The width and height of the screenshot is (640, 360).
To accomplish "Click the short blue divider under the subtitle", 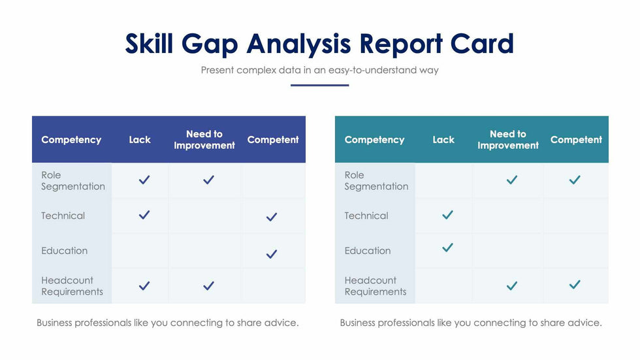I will click(319, 85).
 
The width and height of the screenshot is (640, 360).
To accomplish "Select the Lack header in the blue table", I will click(140, 140).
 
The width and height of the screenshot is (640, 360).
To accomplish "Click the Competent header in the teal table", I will click(576, 140).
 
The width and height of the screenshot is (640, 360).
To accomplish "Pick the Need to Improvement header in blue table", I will click(204, 140).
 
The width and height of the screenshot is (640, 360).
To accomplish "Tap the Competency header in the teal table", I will click(374, 140).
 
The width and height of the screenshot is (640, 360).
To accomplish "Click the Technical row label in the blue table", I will click(63, 216).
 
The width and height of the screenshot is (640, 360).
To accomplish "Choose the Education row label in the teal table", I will click(368, 251).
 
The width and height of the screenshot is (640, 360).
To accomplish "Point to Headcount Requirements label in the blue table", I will click(72, 286).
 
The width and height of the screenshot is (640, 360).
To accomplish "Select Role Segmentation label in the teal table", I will click(376, 180).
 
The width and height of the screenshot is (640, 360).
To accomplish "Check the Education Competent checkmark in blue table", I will click(272, 254).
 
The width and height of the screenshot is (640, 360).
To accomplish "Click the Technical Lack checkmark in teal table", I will click(447, 214).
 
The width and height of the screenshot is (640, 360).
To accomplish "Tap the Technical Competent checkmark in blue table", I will click(272, 217).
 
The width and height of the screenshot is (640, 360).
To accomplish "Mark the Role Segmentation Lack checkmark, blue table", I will click(144, 180).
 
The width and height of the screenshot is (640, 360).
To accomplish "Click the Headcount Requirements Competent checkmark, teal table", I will click(575, 285).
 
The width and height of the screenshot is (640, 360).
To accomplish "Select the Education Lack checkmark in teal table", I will click(447, 248).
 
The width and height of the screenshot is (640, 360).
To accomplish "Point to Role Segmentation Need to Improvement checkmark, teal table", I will click(512, 180).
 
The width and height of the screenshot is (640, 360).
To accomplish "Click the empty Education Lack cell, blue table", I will click(140, 251).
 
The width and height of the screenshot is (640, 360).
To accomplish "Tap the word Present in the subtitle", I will click(217, 70).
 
